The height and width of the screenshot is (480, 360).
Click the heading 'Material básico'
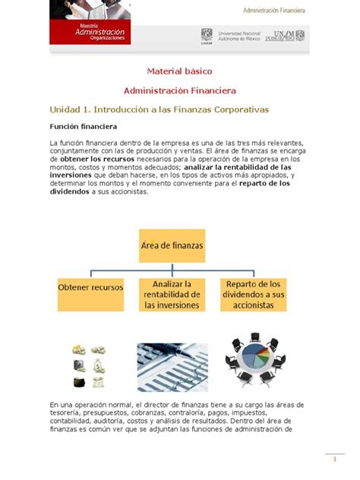[x=181, y=71]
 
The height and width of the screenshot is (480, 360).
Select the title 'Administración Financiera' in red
[x=181, y=90]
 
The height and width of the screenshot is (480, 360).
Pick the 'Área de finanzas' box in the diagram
[x=172, y=245]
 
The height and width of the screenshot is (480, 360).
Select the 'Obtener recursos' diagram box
[x=91, y=289]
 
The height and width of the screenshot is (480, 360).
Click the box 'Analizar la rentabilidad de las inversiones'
[x=172, y=294]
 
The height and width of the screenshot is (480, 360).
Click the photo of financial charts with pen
[x=172, y=366]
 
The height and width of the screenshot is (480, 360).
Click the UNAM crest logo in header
[x=206, y=36]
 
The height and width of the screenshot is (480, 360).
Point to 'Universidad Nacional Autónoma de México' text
[x=240, y=36]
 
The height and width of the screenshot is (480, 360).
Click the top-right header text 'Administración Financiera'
[x=274, y=11]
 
